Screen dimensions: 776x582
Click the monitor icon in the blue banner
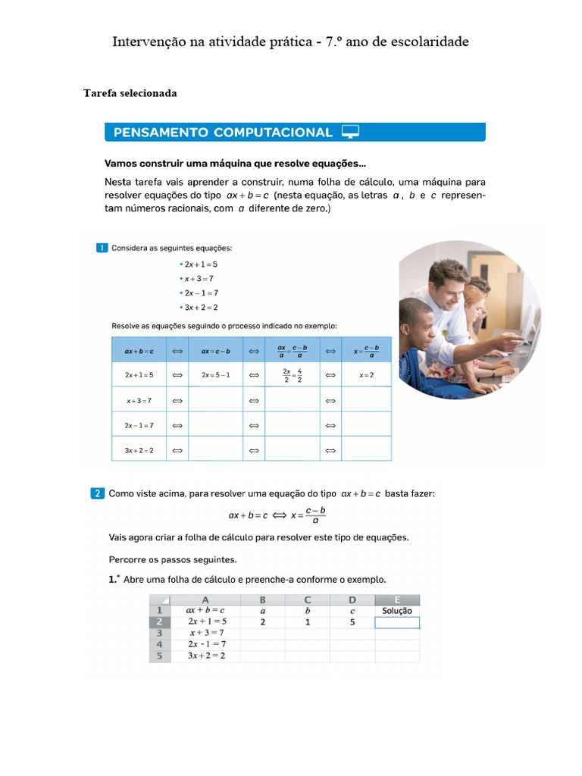tap(350, 132)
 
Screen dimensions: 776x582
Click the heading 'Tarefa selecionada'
tap(130, 93)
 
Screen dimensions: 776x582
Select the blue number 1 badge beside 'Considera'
tap(102, 248)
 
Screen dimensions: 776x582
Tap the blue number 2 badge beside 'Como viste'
tap(98, 493)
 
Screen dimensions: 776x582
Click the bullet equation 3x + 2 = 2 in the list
tap(201, 307)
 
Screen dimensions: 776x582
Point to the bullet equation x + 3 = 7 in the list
tap(200, 278)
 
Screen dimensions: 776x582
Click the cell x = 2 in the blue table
tap(366, 374)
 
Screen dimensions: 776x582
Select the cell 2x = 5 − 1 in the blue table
tap(215, 374)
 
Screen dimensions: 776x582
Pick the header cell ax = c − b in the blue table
tap(215, 351)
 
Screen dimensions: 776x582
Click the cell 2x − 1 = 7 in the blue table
tap(139, 424)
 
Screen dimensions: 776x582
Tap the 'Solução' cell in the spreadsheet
tap(397, 610)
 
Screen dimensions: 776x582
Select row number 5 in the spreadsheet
tap(159, 656)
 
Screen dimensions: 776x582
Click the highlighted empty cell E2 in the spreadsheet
tap(397, 622)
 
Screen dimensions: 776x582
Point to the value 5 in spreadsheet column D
tap(352, 621)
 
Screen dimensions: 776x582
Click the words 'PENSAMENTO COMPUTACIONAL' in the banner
tap(223, 133)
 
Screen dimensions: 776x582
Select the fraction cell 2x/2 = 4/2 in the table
tap(292, 375)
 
